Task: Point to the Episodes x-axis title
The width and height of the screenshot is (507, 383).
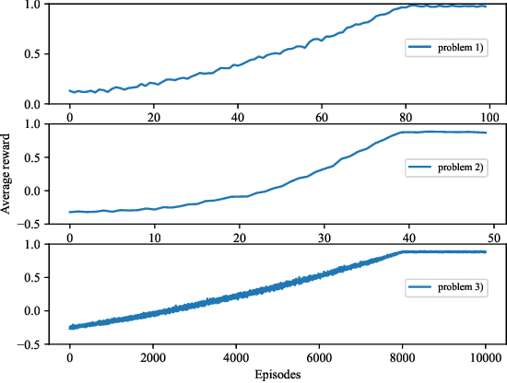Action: click(279, 375)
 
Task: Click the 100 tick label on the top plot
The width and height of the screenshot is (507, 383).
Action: click(490, 117)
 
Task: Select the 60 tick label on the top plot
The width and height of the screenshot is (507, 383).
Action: click(322, 117)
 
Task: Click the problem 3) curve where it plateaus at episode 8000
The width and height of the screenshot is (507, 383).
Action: click(404, 251)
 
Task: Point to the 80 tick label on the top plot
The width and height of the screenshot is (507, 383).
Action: click(406, 117)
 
